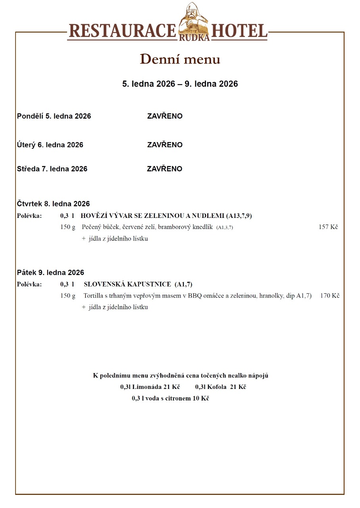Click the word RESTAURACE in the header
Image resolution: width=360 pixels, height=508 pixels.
point(122,31)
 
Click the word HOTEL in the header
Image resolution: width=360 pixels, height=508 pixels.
point(239,31)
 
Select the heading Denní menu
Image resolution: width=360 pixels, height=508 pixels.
point(180,59)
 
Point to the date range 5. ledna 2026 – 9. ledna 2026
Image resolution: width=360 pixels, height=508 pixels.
point(180,84)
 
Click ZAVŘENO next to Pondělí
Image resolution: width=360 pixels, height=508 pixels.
point(165,116)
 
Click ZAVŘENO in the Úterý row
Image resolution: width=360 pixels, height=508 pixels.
point(165,145)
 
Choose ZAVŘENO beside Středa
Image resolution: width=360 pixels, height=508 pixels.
point(165,169)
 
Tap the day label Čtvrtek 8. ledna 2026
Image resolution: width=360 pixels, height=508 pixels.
point(53,204)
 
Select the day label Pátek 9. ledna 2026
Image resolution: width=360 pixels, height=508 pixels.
point(50,273)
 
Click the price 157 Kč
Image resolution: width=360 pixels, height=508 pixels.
point(328,227)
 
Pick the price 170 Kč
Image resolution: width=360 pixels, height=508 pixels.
point(329,296)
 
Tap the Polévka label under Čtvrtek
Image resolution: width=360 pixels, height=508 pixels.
point(29,216)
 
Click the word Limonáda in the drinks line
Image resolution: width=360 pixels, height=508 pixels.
point(147,387)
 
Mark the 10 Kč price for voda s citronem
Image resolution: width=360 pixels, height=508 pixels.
point(201,398)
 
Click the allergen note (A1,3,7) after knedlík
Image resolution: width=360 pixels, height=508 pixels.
point(225,227)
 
